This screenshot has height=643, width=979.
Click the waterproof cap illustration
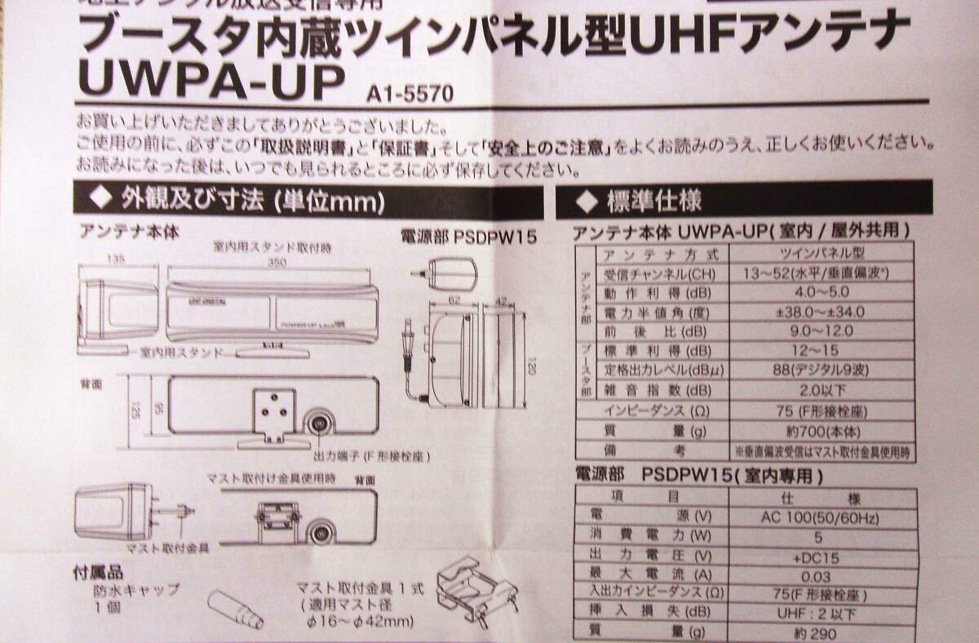[x=234, y=608]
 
